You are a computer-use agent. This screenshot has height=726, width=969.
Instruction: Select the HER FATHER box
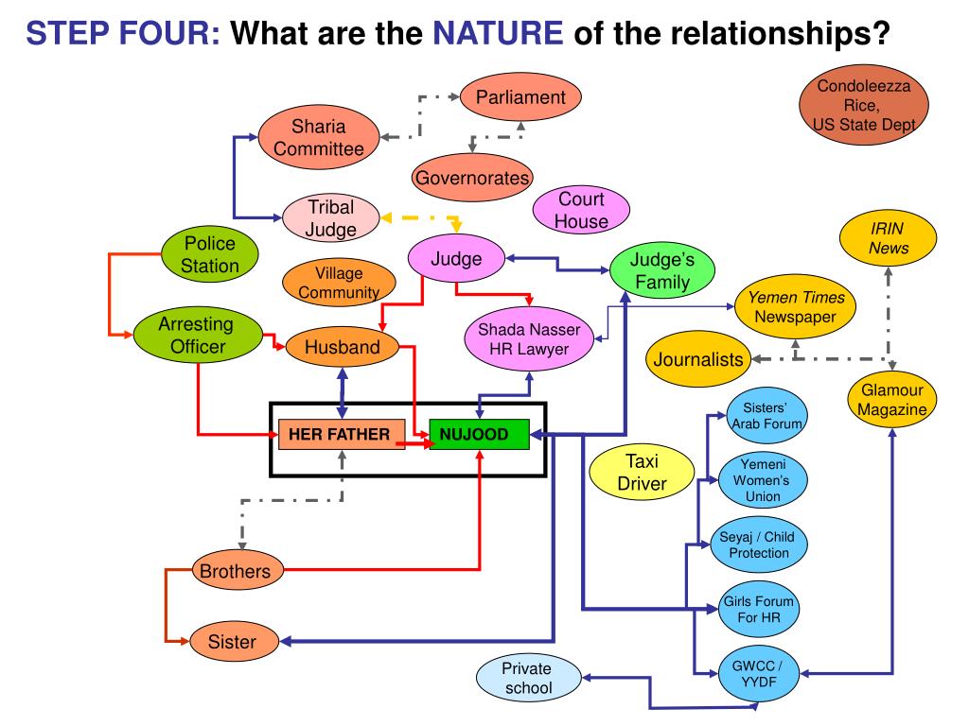tap(340, 435)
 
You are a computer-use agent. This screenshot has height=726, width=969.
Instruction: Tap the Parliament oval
tap(520, 97)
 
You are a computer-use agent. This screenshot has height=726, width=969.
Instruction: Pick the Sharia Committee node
tap(318, 137)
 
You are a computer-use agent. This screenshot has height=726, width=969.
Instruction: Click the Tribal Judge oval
tap(330, 218)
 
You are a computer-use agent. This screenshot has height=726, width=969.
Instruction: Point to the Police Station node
tap(210, 254)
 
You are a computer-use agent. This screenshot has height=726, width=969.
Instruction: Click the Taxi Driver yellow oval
tap(643, 473)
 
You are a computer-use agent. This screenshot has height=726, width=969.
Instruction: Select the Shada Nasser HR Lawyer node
tap(535, 338)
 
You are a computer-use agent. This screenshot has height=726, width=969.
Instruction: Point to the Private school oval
tap(526, 678)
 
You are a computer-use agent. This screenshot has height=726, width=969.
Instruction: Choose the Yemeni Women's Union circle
tap(763, 481)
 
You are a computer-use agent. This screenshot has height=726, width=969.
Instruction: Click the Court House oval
tap(581, 211)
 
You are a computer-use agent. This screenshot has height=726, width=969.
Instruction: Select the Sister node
tap(232, 642)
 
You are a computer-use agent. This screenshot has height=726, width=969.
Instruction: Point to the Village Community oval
tap(339, 283)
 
